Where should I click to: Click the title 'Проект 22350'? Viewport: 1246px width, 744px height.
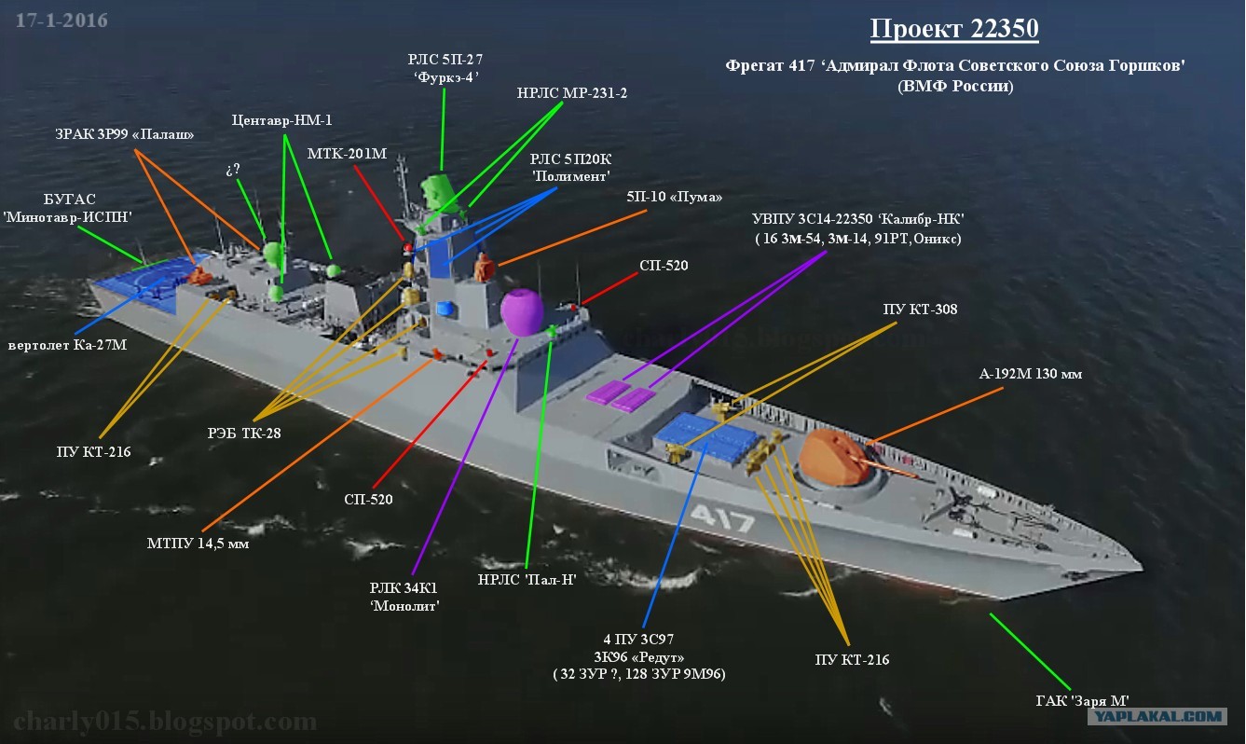(x=954, y=29)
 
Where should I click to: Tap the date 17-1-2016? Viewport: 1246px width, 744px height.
(x=62, y=21)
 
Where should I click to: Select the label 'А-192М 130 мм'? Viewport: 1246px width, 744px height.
(x=1030, y=374)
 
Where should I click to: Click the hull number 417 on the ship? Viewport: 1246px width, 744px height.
(x=722, y=518)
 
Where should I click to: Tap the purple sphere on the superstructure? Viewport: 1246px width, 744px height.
(x=521, y=312)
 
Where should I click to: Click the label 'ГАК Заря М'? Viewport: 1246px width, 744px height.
(x=1083, y=700)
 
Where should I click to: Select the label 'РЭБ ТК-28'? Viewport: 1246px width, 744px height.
(x=244, y=433)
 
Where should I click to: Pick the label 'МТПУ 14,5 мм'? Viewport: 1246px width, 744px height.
(x=198, y=544)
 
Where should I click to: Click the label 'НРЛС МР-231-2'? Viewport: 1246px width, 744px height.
(x=572, y=93)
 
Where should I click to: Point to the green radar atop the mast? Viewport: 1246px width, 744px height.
(x=440, y=193)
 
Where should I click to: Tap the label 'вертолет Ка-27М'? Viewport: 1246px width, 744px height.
(x=67, y=345)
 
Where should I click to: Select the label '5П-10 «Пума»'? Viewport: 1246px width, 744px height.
(x=674, y=197)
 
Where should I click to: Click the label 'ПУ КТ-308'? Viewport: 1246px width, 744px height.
(x=920, y=310)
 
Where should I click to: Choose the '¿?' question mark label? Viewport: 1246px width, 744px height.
(x=233, y=170)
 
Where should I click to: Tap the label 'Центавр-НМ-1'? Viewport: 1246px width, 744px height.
(x=281, y=120)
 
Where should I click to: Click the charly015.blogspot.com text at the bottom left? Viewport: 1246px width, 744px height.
(x=165, y=722)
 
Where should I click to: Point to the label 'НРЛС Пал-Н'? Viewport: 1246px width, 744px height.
(x=527, y=580)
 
